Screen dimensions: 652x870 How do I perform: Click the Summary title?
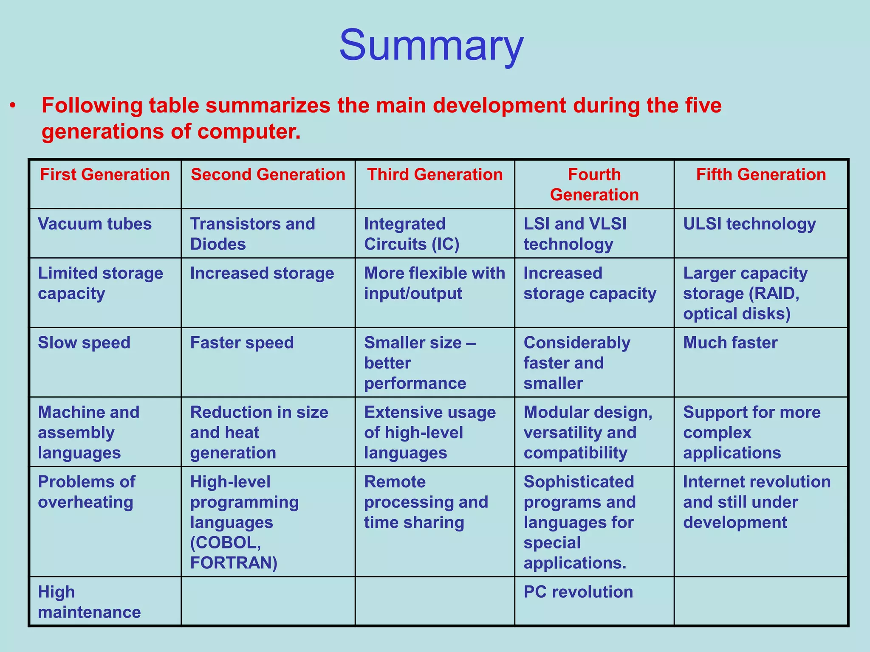pos(431,45)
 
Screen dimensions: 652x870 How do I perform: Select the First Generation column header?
pos(105,175)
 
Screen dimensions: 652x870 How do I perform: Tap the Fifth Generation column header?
pos(761,175)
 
